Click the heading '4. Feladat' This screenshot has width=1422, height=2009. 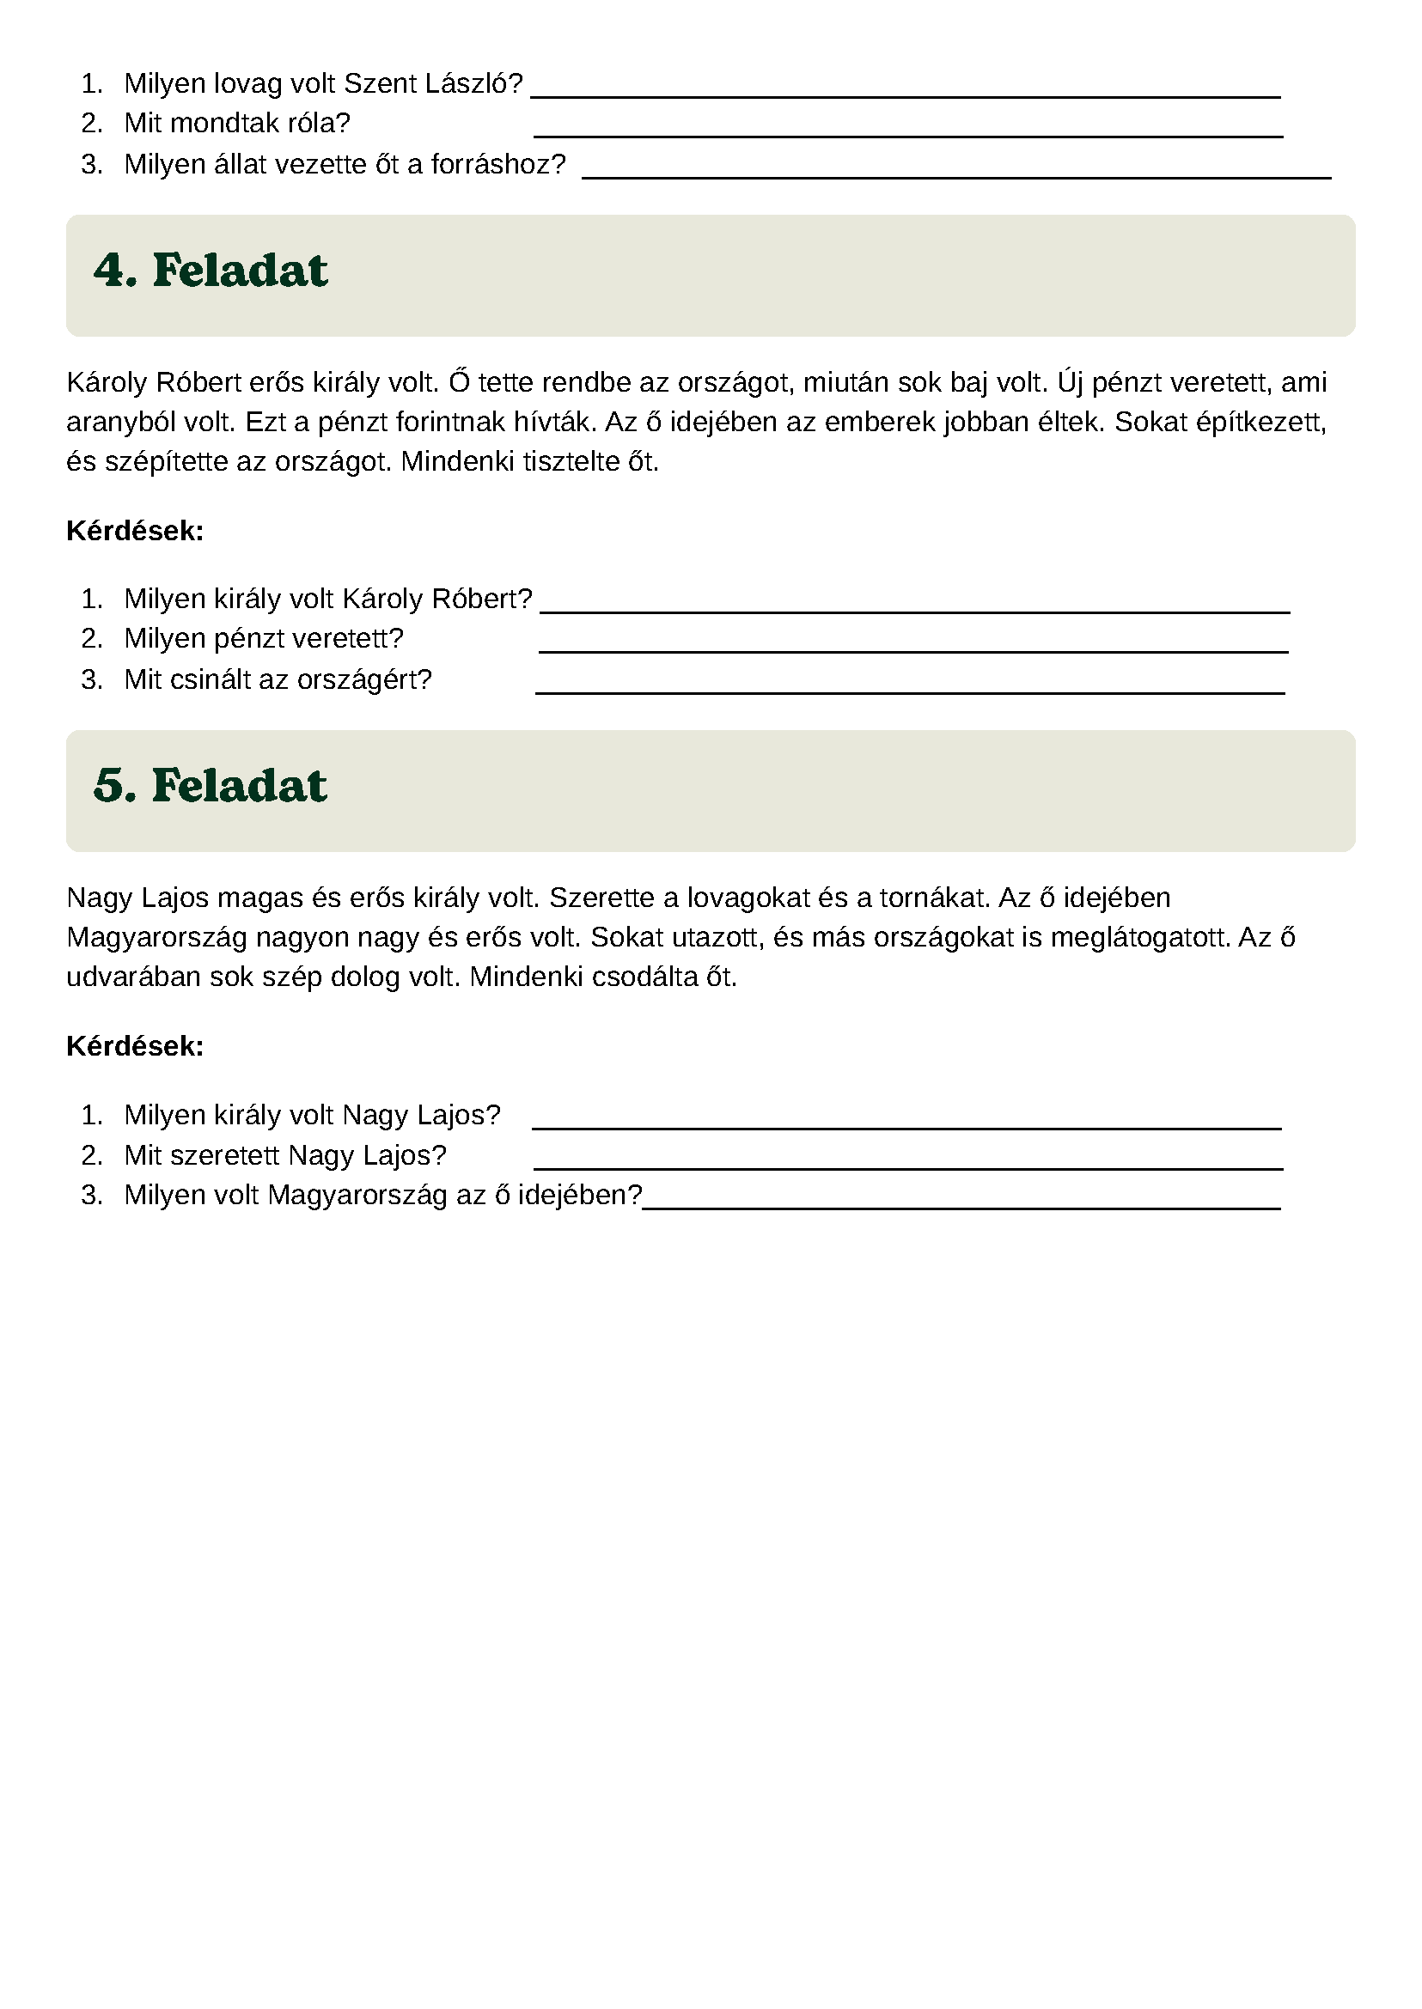[211, 271]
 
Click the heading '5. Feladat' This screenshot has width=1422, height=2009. [211, 786]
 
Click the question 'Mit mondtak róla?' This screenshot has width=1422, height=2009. [236, 124]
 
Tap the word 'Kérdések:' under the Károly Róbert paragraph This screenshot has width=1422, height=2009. [135, 532]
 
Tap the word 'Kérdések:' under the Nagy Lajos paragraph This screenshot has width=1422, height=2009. [135, 1047]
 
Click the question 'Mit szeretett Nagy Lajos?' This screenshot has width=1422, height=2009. [284, 1156]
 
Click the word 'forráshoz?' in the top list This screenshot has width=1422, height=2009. [498, 165]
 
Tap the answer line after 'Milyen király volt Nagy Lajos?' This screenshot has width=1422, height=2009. [906, 1127]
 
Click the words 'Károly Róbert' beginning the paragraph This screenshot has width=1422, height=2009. [153, 383]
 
